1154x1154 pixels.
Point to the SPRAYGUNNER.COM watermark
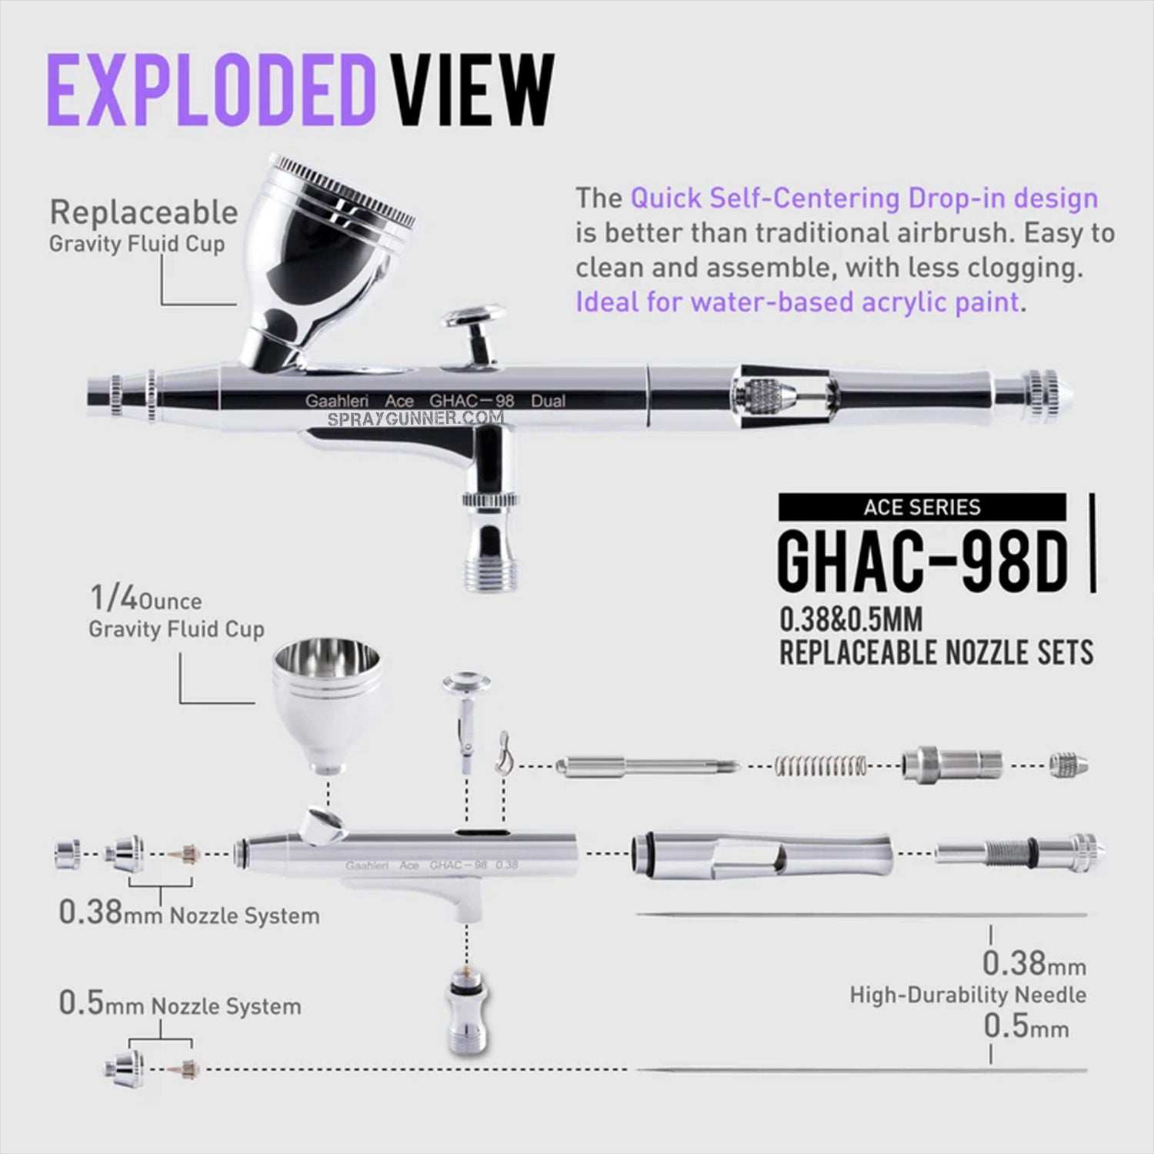(x=415, y=419)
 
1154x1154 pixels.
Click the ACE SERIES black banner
(x=922, y=508)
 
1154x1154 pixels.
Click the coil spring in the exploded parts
(x=821, y=765)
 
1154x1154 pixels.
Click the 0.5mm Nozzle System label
(x=179, y=1005)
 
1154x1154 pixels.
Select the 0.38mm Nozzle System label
(x=188, y=914)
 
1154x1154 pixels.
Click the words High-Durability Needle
(x=968, y=995)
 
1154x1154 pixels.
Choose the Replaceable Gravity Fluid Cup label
(x=142, y=226)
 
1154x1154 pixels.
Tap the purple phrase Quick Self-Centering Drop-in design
(x=864, y=198)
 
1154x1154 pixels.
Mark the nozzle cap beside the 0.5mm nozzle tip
(x=125, y=1067)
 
